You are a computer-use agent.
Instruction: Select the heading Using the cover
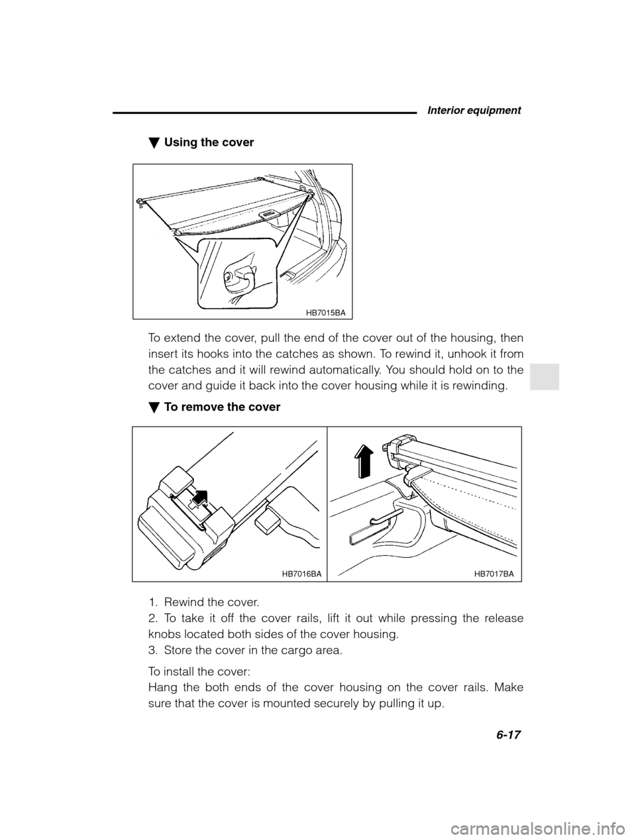(x=208, y=142)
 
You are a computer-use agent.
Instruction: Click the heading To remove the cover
(x=221, y=407)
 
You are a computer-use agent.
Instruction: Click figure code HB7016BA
(x=301, y=574)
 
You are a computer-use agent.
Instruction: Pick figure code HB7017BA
(x=494, y=574)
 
